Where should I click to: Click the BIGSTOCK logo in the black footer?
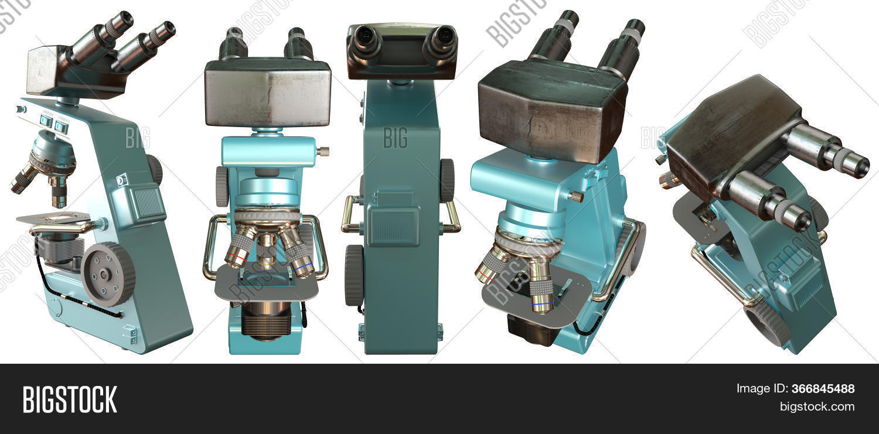[70, 399]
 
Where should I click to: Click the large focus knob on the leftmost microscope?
[108, 274]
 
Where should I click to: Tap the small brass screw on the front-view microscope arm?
[322, 152]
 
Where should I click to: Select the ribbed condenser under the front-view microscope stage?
[267, 321]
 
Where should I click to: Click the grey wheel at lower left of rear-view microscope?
[354, 275]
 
